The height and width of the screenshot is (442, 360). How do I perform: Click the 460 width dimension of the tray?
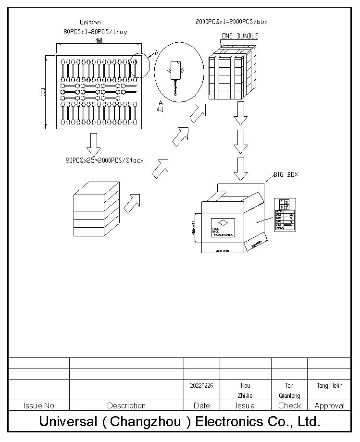coord(99,41)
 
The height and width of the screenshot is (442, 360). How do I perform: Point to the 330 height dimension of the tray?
coord(43,91)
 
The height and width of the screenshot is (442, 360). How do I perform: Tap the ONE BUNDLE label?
coord(240,36)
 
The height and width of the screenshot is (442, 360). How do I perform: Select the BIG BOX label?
coord(286,174)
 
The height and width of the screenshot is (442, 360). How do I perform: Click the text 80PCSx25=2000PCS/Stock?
coord(104,160)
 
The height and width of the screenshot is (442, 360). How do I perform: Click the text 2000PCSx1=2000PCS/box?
coord(232,22)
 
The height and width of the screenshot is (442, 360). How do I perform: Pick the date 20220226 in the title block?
coord(201,385)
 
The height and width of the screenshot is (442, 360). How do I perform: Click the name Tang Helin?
coord(329,385)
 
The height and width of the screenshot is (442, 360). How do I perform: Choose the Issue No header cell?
coord(38,406)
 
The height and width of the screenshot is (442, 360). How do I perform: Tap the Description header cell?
coord(126,406)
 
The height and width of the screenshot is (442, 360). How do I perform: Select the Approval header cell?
coord(329,406)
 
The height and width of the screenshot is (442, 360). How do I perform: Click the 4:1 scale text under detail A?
coord(160,110)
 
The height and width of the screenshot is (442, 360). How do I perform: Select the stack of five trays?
coord(96,209)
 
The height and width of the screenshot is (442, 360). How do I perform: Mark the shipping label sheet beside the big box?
coord(285,214)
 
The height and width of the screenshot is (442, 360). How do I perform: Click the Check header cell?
coord(289,406)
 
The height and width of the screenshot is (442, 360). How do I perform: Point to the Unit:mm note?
coord(90,22)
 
